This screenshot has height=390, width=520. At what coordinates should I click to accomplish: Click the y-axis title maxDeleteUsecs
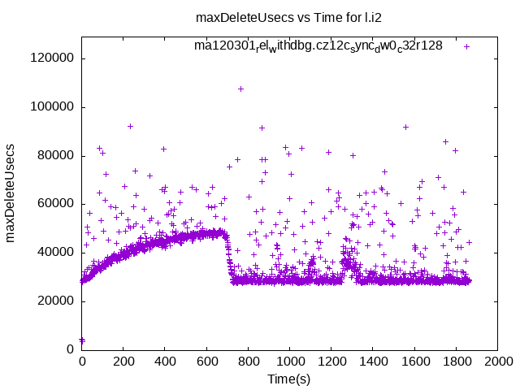(11, 193)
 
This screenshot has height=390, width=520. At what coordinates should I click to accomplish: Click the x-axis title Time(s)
(289, 379)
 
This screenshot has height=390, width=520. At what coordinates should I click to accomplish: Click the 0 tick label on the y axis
(71, 349)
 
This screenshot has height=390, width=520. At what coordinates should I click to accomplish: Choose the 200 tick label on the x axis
(123, 362)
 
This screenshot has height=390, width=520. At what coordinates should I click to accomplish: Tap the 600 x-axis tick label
(206, 362)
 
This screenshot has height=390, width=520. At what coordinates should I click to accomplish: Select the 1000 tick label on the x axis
(289, 362)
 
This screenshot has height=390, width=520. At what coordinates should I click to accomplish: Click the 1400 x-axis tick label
(373, 362)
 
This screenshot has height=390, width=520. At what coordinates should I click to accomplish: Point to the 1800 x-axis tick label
(456, 362)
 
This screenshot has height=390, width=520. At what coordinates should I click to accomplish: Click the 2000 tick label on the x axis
(497, 362)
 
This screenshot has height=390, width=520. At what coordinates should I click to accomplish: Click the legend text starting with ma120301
(318, 45)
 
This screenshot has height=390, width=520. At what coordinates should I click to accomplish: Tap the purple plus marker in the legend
(467, 46)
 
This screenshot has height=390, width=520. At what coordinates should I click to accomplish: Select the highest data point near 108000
(240, 89)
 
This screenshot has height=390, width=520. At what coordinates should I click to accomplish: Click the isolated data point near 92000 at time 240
(130, 126)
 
